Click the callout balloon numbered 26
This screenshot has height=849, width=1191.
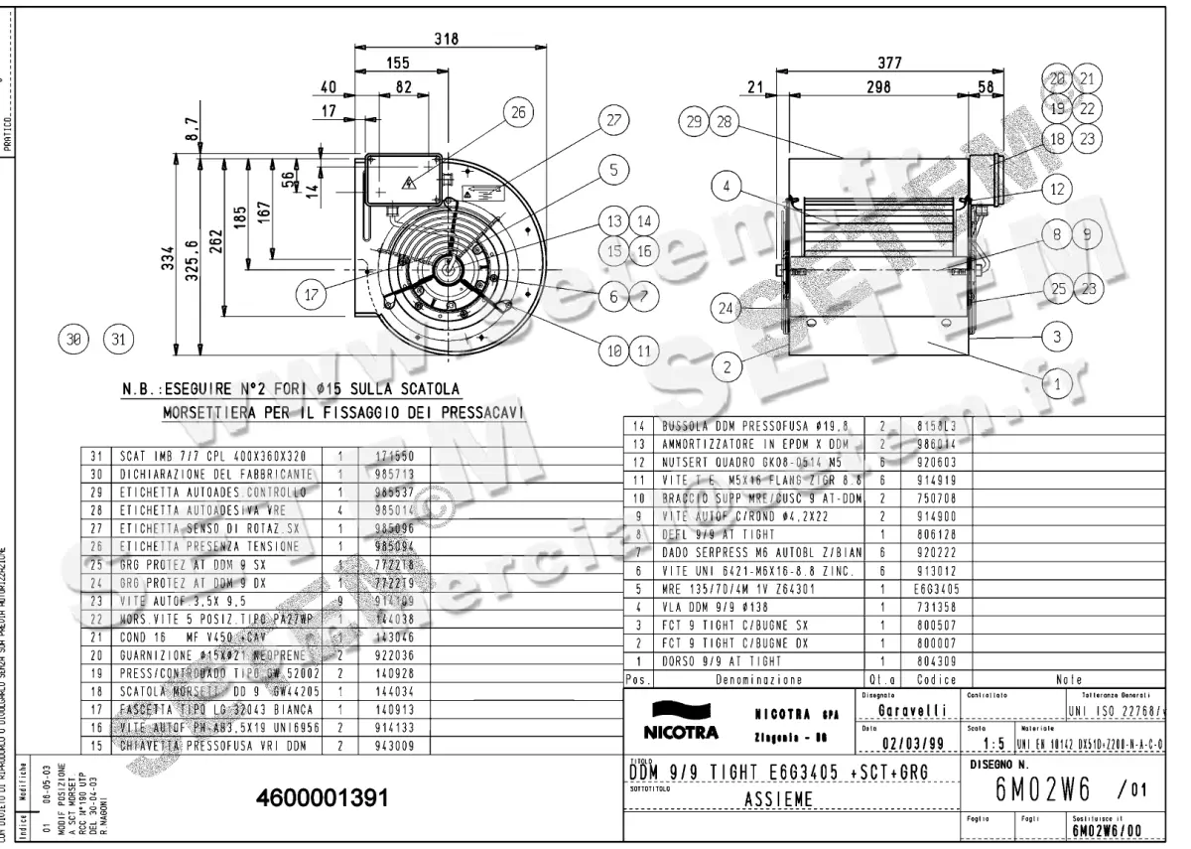pos(517,113)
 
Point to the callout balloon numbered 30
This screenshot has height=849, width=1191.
pos(72,340)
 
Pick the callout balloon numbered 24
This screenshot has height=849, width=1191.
pos(728,308)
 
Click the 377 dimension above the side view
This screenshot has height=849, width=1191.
pos(890,64)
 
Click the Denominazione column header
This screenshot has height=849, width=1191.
pos(759,681)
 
